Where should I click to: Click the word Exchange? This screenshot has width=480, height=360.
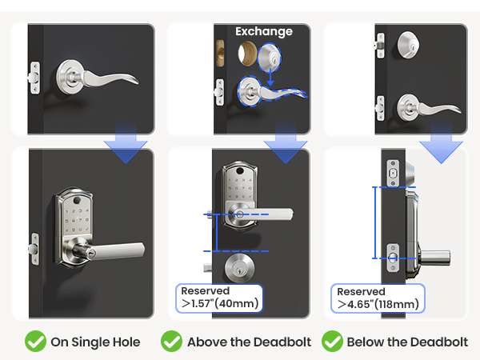(264, 31)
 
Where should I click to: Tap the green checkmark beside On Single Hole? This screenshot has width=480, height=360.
(35, 341)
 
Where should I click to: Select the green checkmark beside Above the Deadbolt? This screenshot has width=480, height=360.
(171, 341)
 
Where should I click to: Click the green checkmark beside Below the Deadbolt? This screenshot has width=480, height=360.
(332, 341)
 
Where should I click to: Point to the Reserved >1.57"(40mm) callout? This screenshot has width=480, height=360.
(219, 298)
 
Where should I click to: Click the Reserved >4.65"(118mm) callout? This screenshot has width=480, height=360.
(378, 298)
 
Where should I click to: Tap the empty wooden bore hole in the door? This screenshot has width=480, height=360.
(247, 54)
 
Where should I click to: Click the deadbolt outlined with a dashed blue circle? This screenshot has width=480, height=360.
(270, 58)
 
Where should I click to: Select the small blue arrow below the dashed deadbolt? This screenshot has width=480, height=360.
(270, 77)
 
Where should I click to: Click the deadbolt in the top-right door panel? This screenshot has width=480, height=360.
(408, 45)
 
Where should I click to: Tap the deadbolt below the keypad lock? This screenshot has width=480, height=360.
(239, 268)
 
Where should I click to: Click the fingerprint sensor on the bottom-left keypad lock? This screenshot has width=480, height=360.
(77, 201)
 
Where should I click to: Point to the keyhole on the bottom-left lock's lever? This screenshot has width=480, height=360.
(91, 253)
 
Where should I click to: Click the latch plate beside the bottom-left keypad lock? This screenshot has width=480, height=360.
(34, 249)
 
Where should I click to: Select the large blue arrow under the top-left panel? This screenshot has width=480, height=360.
(126, 143)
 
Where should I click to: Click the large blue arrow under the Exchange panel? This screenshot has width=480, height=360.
(286, 143)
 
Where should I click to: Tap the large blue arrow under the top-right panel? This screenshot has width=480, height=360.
(441, 143)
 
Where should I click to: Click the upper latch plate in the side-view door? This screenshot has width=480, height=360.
(393, 174)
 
